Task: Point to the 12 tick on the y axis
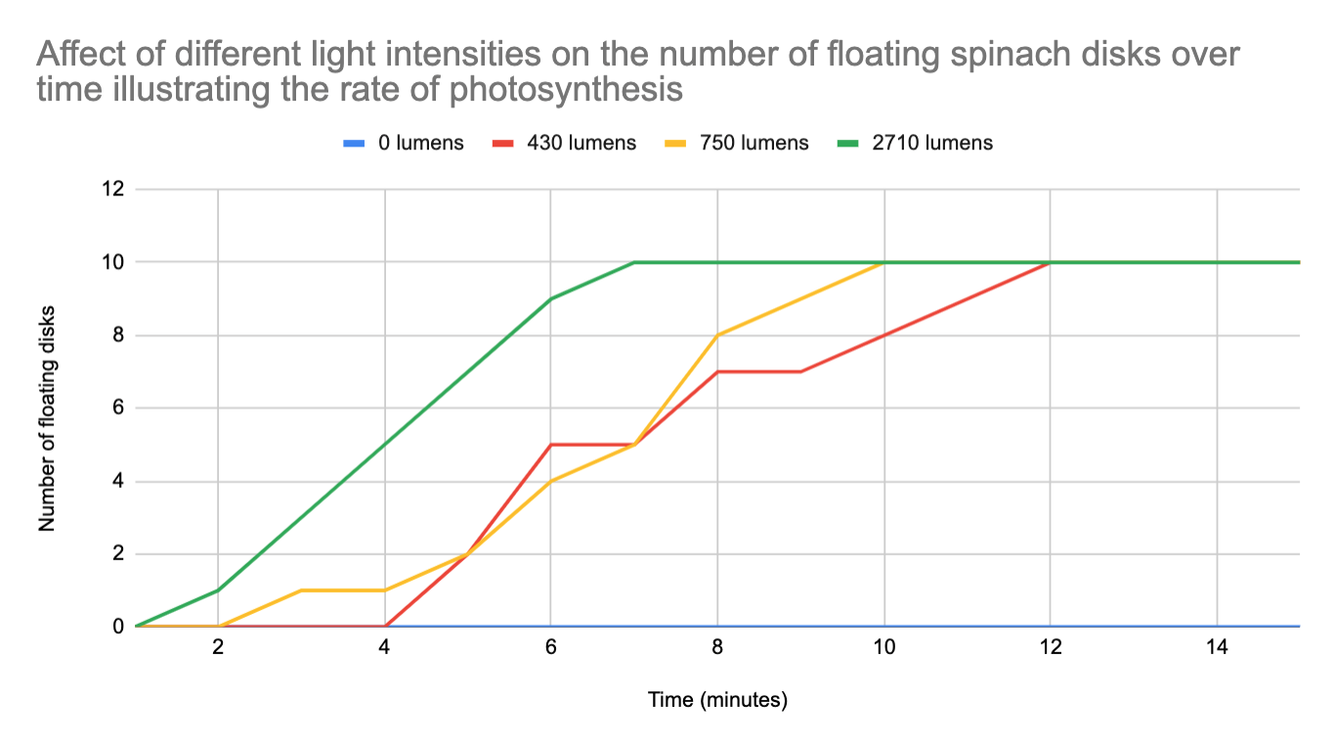[x=113, y=189]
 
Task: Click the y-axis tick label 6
[x=118, y=408]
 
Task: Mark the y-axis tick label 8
[x=118, y=335]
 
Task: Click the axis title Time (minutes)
[x=717, y=700]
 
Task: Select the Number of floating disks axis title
[x=47, y=418]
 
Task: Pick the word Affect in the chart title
[x=85, y=55]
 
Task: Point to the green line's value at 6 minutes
[x=551, y=298]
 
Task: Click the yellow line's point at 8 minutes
[x=718, y=335]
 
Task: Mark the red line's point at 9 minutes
[x=801, y=372]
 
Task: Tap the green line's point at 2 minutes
[x=218, y=590]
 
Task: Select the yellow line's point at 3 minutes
[x=301, y=590]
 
